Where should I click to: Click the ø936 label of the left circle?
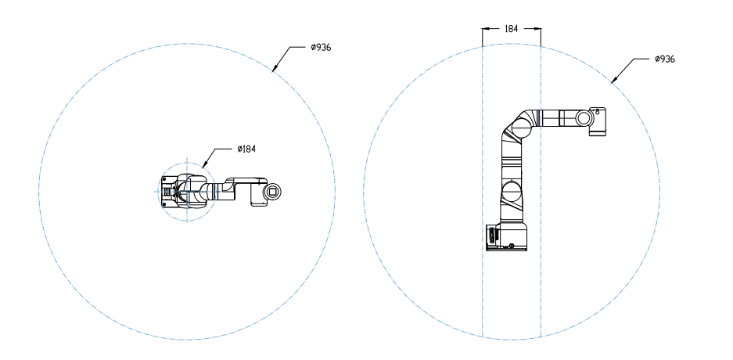321,48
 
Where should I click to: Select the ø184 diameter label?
246,148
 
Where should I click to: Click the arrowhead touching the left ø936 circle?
273,70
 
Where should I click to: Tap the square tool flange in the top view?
272,190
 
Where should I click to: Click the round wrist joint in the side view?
584,117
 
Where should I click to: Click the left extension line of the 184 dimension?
483,188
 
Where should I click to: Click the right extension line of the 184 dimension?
541,188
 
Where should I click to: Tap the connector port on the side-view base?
492,235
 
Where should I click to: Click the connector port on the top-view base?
166,190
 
